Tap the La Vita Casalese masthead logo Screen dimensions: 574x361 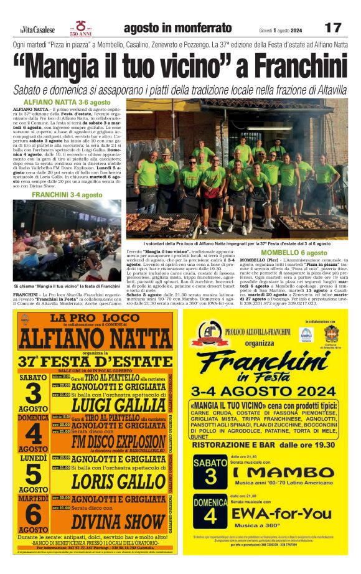click(37, 29)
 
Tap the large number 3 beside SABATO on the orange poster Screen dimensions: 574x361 click(32, 393)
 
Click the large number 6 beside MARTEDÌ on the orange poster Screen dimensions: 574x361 click(32, 514)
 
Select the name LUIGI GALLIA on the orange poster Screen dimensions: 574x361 click(118, 405)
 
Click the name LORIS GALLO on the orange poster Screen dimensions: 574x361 click(118, 481)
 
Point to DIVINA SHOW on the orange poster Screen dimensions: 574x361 click(118, 520)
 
